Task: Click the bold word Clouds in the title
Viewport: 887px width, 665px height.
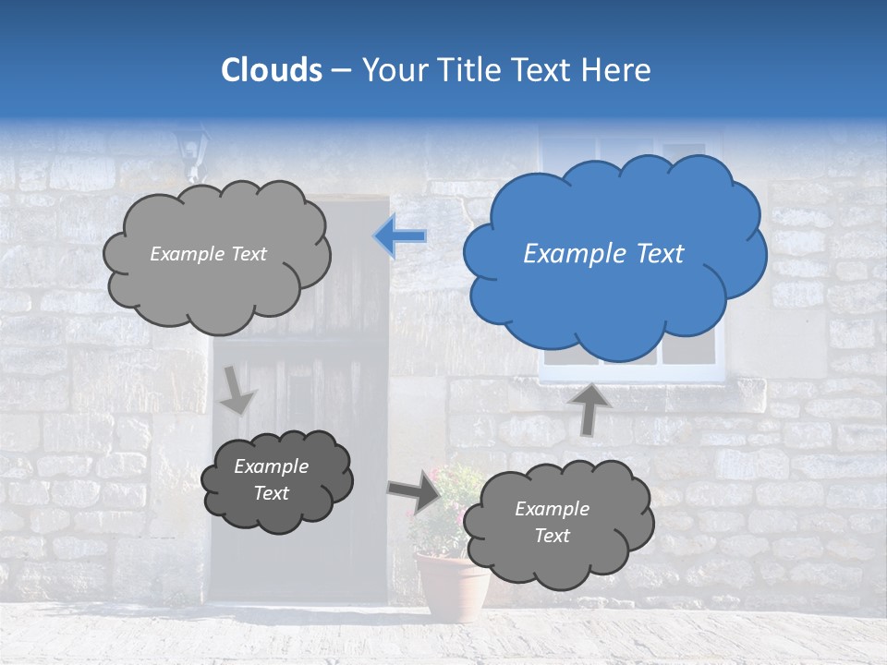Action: coord(272,70)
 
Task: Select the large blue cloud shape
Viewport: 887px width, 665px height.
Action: coord(614,254)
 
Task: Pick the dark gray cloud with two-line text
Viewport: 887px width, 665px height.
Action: coord(276,480)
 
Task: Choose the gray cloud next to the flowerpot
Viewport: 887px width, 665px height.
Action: coord(557,524)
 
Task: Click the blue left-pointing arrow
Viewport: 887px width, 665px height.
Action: coord(401,237)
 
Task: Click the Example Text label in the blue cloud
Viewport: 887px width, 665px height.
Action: coord(603,254)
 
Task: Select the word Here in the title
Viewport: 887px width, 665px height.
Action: coord(619,70)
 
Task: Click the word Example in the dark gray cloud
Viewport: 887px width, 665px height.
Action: coord(271,466)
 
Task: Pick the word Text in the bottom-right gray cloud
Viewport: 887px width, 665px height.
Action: coord(552,536)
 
